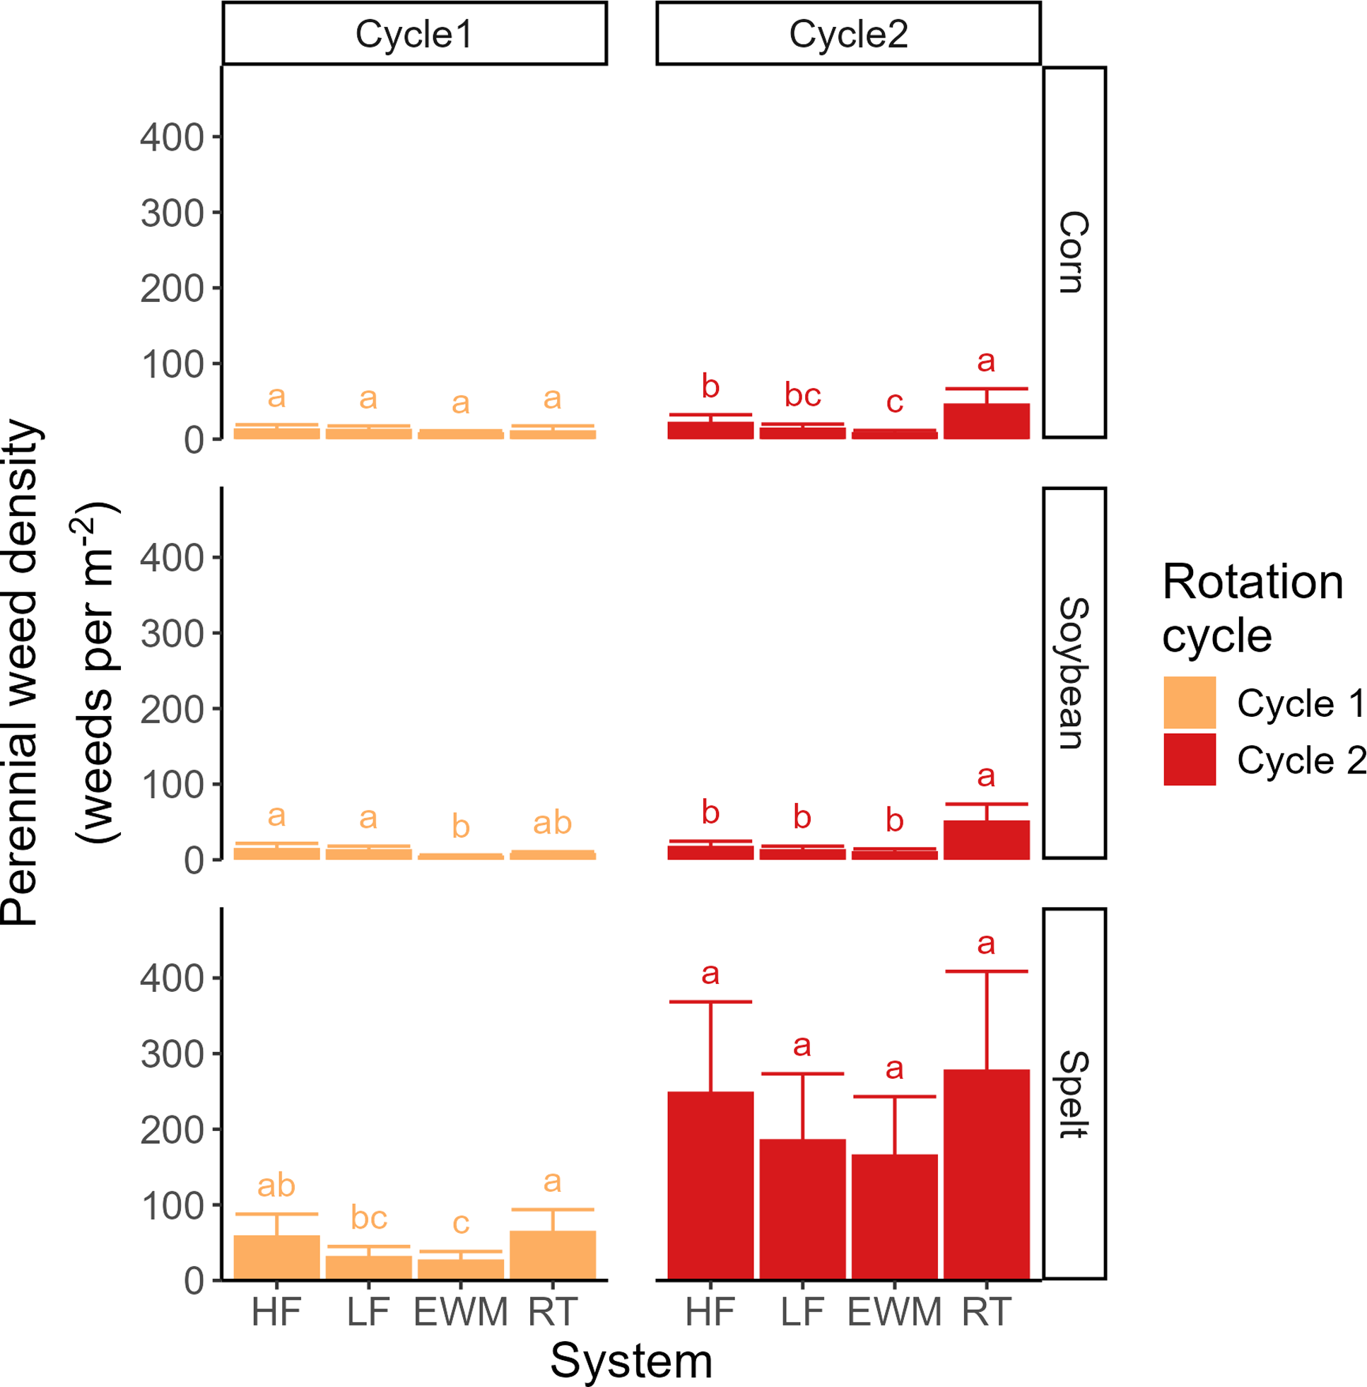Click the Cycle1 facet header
point(414,34)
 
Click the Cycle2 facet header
point(848,34)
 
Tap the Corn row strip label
point(1074,252)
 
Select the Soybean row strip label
point(1074,673)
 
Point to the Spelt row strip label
point(1074,1094)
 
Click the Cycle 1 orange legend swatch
point(1189,702)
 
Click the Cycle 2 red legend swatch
point(1189,759)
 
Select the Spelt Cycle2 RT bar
point(987,1175)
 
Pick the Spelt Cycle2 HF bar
point(710,1186)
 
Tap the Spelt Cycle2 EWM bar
point(895,1217)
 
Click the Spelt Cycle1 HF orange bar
point(276,1257)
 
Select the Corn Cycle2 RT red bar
point(987,421)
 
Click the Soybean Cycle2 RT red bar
point(987,840)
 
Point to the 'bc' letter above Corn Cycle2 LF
point(802,396)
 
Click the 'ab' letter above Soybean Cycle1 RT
point(552,823)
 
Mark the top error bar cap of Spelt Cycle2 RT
point(987,971)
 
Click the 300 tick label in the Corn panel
point(172,214)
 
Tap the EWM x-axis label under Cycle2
point(895,1312)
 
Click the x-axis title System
point(630,1361)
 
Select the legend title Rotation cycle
point(1252,609)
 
